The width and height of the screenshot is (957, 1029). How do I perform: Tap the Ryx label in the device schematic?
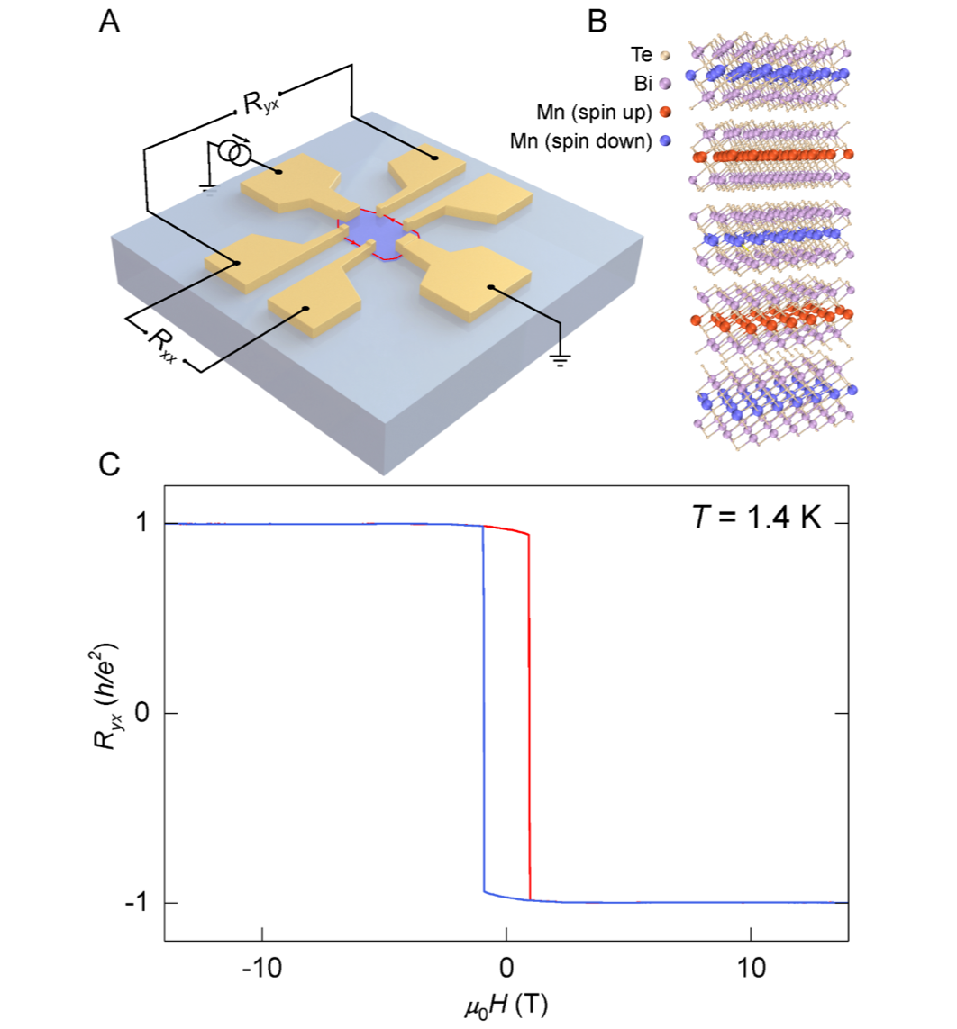(x=255, y=103)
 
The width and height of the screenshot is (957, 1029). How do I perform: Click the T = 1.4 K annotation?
(x=752, y=520)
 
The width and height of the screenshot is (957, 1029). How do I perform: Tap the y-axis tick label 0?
(x=141, y=713)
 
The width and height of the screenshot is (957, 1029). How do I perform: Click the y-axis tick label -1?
(x=137, y=903)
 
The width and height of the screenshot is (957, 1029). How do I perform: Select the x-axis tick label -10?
(x=261, y=968)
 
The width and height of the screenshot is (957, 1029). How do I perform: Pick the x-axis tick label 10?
(x=751, y=968)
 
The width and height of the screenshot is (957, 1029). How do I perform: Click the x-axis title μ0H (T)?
(x=506, y=1004)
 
